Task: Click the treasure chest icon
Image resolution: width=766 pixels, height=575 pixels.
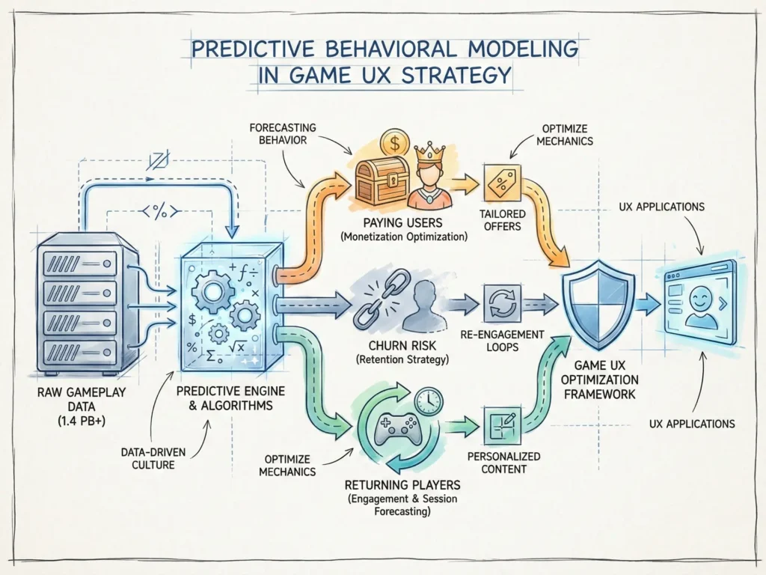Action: [x=381, y=178]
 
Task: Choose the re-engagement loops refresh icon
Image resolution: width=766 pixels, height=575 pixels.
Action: [x=498, y=302]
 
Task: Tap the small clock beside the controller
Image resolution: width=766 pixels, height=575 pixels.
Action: [x=428, y=402]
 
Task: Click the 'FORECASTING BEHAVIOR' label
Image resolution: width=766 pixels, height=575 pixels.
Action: [x=278, y=133]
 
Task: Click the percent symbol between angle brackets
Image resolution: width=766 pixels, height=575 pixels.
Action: [x=159, y=212]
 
